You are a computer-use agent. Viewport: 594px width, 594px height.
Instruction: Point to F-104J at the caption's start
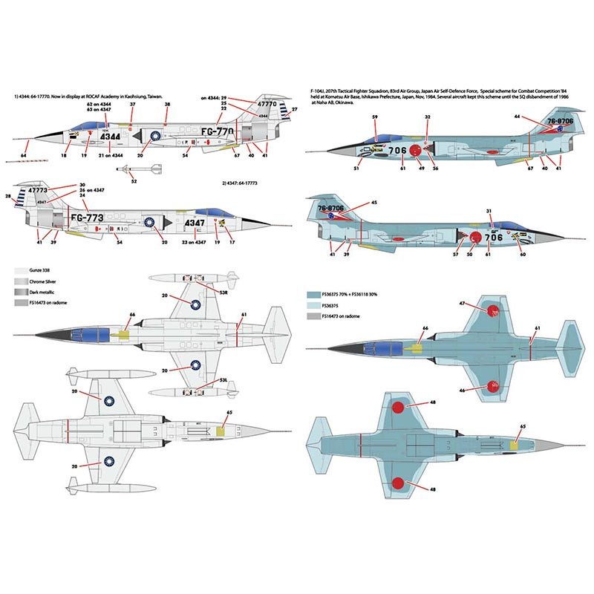coord(319,89)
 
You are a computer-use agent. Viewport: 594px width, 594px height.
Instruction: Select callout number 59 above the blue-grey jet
coord(375,117)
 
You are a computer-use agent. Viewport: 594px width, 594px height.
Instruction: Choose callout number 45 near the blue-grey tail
coord(373,202)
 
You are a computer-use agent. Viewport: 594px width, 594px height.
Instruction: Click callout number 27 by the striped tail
coord(294,110)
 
